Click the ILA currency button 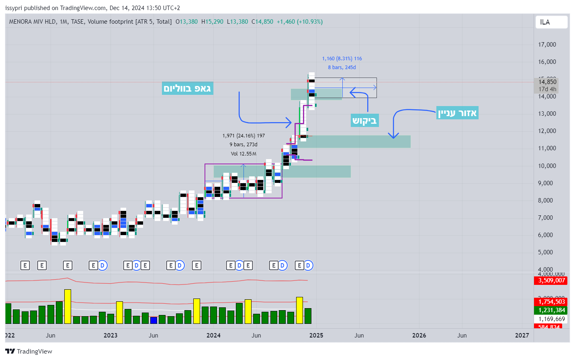(x=551, y=22)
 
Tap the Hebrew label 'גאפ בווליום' (x=187, y=88)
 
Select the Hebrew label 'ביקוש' (x=364, y=121)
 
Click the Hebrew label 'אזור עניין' (x=457, y=113)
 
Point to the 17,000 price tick (x=547, y=45)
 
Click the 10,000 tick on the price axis (x=547, y=166)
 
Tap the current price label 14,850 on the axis (x=547, y=82)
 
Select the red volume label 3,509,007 (x=551, y=280)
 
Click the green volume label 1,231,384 (x=551, y=310)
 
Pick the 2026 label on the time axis (x=419, y=335)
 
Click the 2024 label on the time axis (x=213, y=335)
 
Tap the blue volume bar (x=153, y=320)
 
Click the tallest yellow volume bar (x=68, y=306)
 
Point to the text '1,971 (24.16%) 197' (x=244, y=136)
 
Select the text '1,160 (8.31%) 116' (x=342, y=59)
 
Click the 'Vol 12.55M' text (x=244, y=154)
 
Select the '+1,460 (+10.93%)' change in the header (x=299, y=22)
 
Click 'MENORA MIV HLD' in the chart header (x=33, y=22)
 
